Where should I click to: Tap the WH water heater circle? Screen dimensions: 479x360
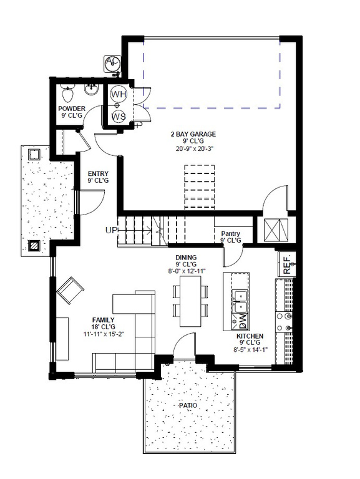tap(119, 94)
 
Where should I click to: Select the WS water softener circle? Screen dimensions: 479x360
tap(119, 116)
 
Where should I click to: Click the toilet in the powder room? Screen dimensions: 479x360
tap(68, 94)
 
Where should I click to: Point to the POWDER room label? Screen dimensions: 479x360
tap(71, 109)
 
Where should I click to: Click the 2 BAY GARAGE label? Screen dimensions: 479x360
tap(193, 134)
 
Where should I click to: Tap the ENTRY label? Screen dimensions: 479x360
tap(99, 173)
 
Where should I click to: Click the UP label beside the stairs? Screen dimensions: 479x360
tap(111, 230)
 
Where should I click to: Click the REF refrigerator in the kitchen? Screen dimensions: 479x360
tap(286, 266)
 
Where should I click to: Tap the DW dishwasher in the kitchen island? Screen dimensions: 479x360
tap(242, 321)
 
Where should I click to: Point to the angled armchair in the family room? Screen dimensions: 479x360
tap(71, 291)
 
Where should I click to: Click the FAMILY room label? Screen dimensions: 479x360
tap(103, 320)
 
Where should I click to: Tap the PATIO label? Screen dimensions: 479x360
tap(187, 406)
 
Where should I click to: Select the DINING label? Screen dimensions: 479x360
tap(186, 257)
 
